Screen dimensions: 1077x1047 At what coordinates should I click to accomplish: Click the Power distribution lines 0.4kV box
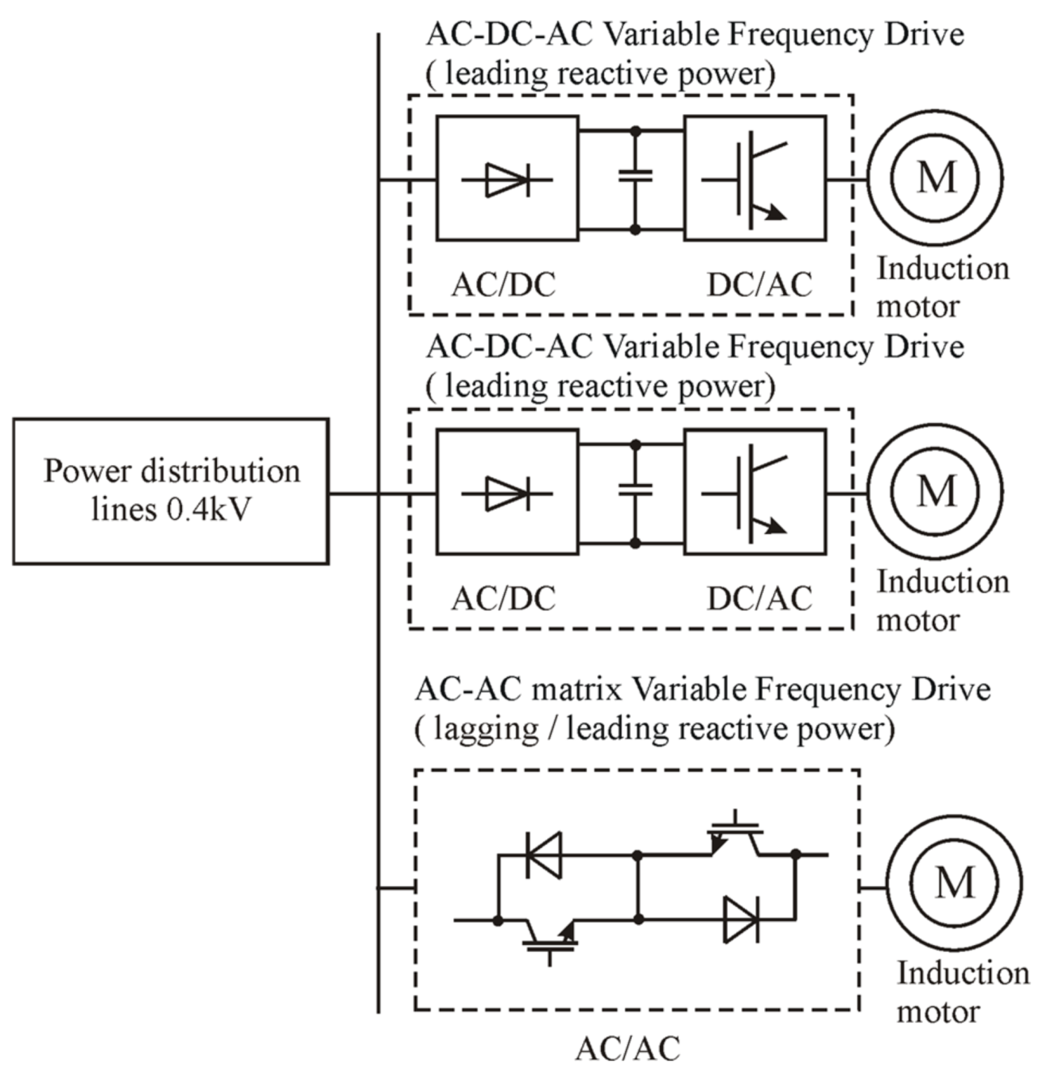point(170,490)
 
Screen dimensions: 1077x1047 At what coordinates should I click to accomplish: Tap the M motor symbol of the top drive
point(935,176)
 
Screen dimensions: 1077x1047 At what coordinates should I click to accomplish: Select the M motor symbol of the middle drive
point(935,490)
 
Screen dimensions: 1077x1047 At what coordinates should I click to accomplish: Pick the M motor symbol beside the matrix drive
point(954,883)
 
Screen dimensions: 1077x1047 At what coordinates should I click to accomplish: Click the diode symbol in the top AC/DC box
point(506,180)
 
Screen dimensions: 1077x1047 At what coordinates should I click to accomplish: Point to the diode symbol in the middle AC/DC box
point(506,494)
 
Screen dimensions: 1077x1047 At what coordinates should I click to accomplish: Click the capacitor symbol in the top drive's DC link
point(634,176)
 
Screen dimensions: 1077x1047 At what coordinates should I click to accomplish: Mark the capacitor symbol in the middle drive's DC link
point(634,490)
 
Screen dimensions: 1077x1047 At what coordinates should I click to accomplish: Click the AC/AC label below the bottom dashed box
point(627,1048)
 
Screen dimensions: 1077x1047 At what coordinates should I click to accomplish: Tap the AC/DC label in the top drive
point(503,285)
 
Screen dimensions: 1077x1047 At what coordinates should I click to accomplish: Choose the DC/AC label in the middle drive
point(759,599)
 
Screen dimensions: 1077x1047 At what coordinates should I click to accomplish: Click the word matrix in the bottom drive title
point(576,689)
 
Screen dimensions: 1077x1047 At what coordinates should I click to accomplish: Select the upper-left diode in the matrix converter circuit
point(545,854)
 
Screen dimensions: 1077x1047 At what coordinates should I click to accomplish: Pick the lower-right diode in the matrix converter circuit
point(740,920)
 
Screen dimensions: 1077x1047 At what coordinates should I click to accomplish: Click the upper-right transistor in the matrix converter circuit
point(735,835)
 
